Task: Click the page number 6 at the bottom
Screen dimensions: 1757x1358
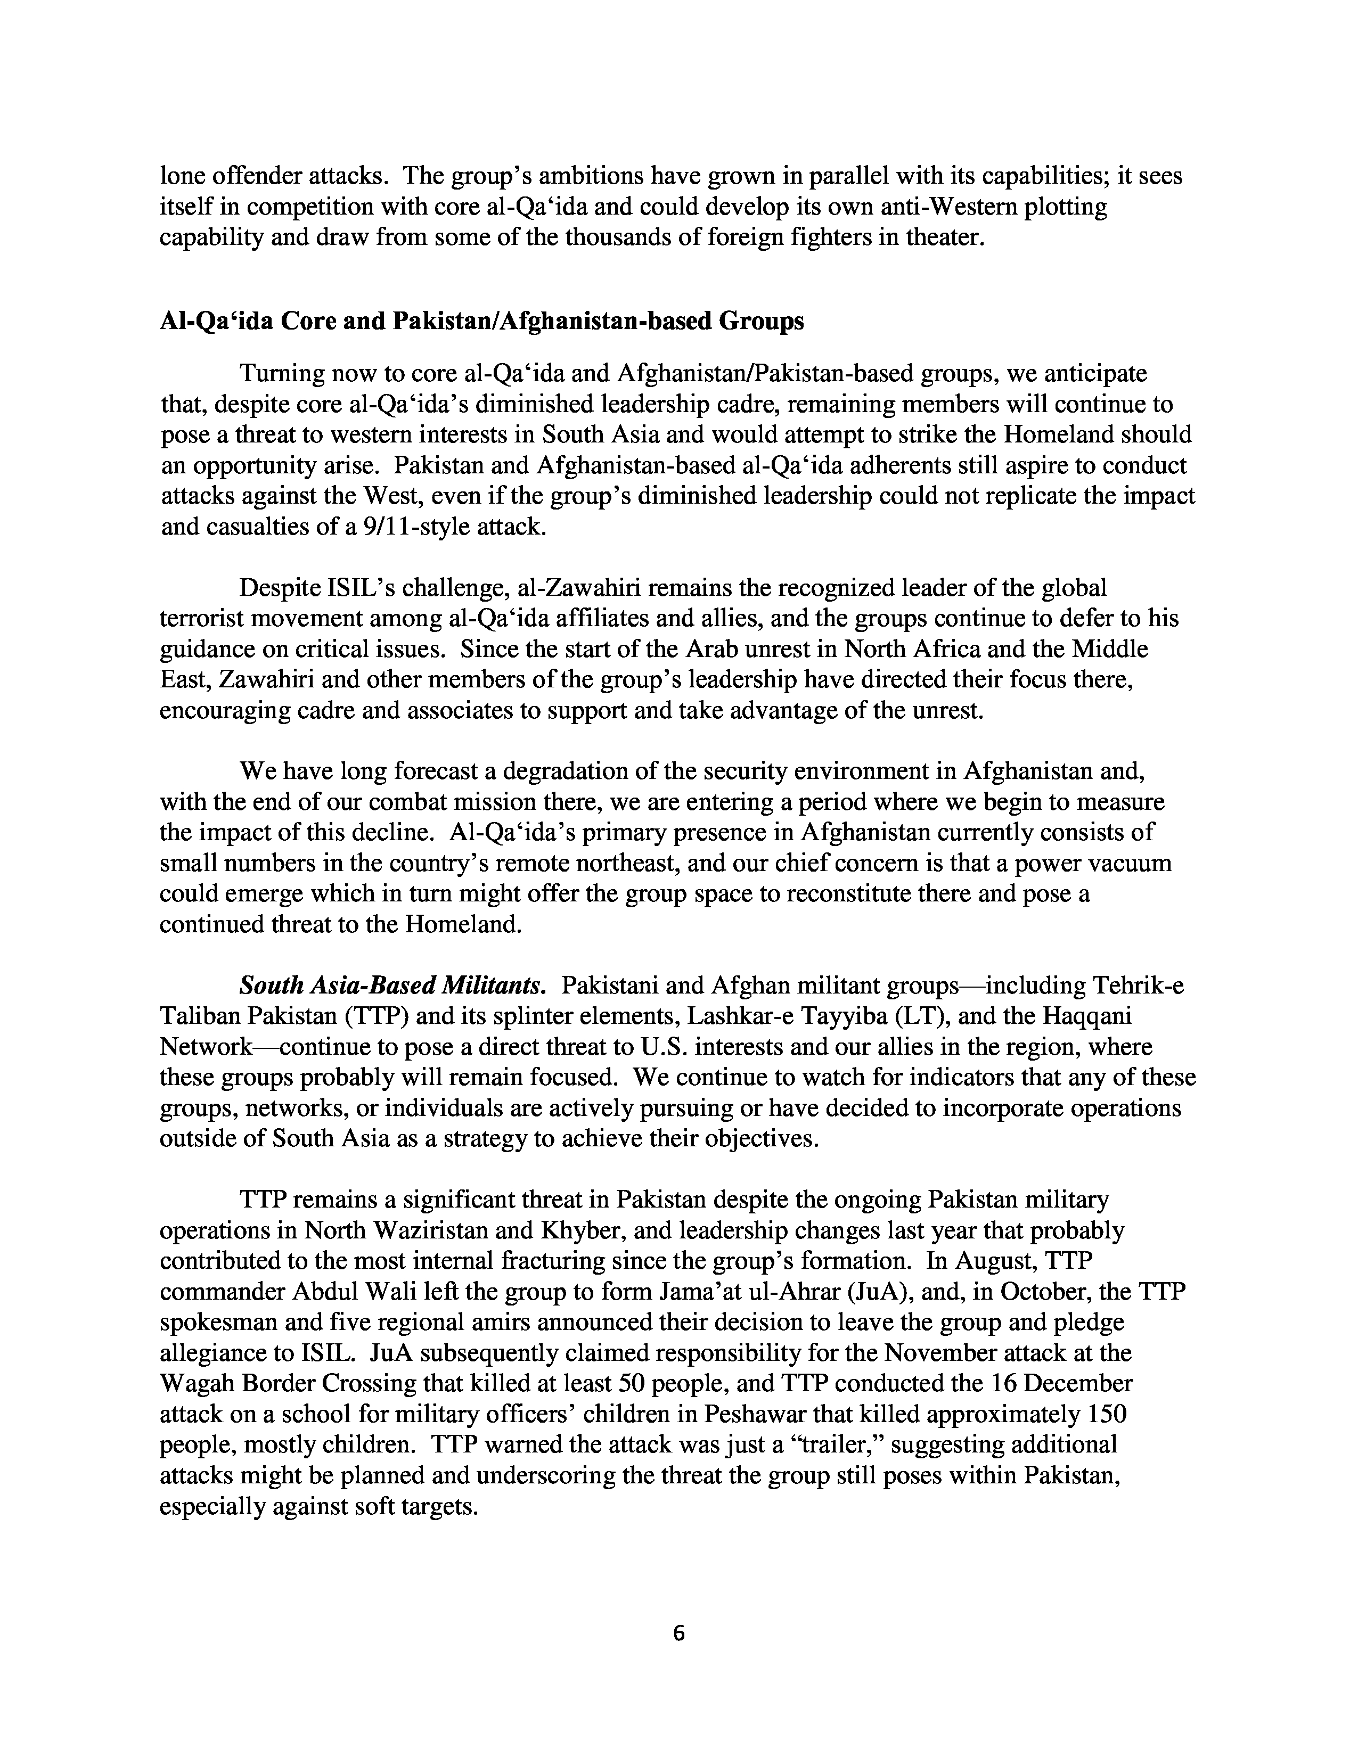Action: pyautogui.click(x=678, y=1633)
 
